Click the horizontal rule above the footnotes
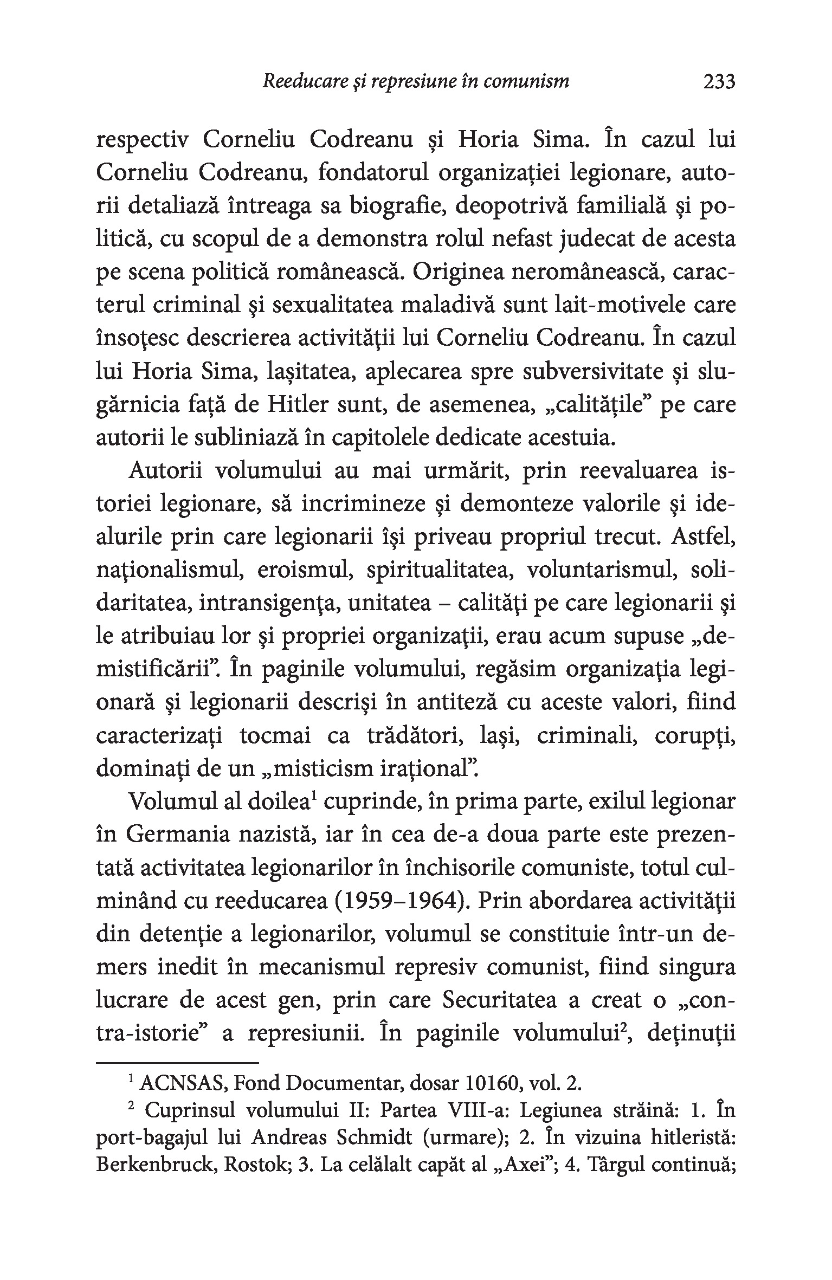click(177, 1063)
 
